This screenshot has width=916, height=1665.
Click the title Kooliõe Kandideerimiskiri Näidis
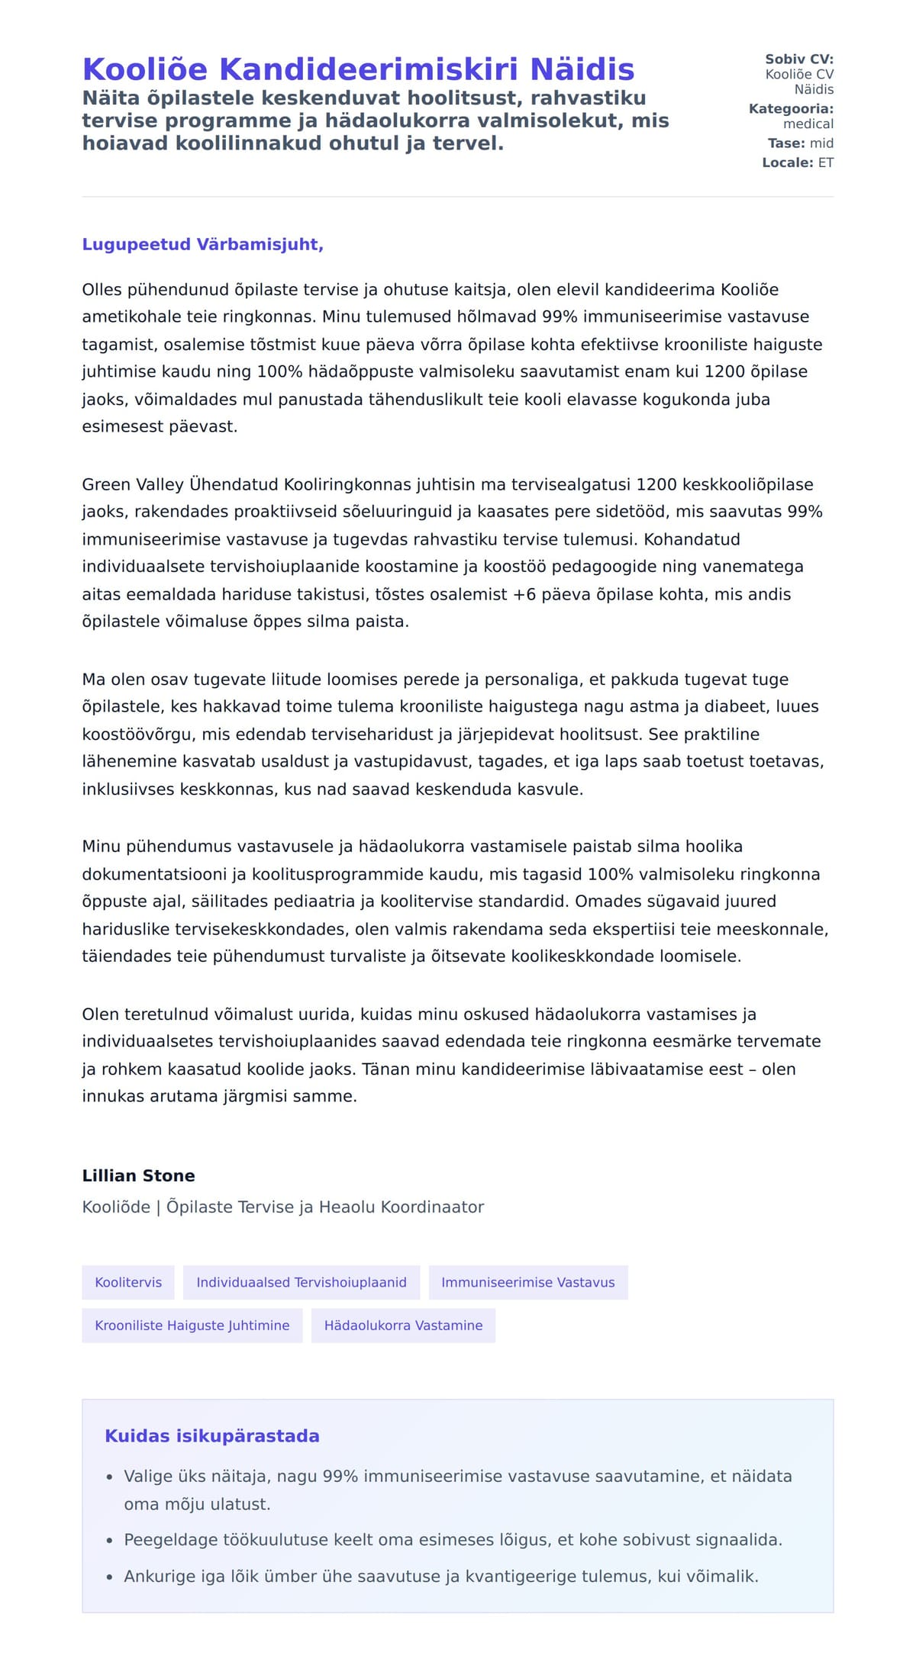click(358, 69)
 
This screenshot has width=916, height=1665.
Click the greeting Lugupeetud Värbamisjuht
click(202, 244)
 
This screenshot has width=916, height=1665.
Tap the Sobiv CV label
click(799, 59)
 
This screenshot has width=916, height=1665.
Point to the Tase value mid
click(821, 143)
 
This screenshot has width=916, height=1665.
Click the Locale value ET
click(826, 162)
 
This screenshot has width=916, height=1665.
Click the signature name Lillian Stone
click(138, 1175)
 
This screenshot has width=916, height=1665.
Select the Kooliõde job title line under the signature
click(282, 1207)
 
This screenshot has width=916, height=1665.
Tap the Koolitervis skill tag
click(128, 1282)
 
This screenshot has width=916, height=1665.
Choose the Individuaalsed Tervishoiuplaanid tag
click(302, 1282)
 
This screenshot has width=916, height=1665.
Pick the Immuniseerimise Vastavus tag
click(527, 1282)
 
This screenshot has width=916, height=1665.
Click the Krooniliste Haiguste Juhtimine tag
click(192, 1325)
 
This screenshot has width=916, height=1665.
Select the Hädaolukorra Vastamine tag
click(403, 1325)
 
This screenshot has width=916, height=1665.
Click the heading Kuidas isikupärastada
click(212, 1435)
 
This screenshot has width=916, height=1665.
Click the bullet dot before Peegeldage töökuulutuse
click(110, 1540)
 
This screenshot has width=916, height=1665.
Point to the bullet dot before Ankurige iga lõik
click(110, 1577)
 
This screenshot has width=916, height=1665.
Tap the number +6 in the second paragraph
click(524, 594)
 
